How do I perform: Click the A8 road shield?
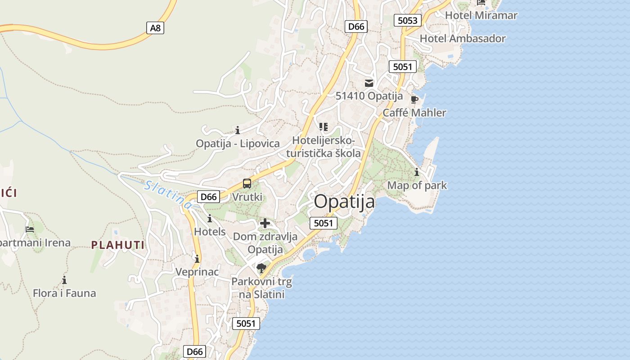(155, 28)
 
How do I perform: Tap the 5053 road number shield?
(408, 20)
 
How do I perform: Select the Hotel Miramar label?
(481, 15)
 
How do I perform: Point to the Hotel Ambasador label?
(463, 39)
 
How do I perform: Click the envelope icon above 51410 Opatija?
(369, 83)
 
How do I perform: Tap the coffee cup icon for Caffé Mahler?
(414, 99)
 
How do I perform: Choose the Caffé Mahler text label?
(414, 112)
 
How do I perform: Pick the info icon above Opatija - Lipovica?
(238, 130)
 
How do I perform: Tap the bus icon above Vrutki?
(247, 184)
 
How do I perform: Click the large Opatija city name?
(344, 202)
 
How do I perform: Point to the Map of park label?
(417, 185)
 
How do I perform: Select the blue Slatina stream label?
(168, 194)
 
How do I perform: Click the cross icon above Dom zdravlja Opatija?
(265, 223)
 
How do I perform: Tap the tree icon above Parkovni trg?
(261, 269)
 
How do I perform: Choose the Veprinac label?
(197, 272)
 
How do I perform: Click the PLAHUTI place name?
(118, 245)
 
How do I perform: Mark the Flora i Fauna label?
(64, 293)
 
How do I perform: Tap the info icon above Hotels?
(209, 219)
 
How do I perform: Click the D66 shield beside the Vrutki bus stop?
(209, 197)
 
